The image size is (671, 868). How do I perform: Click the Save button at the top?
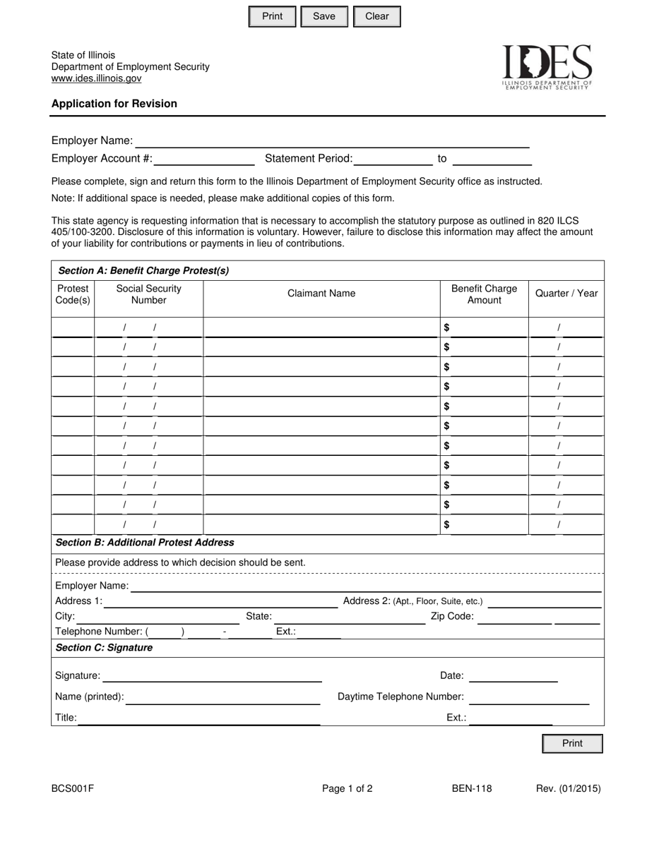[x=324, y=16]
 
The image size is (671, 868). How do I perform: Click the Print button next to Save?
[x=272, y=16]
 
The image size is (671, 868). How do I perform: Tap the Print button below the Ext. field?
[x=572, y=743]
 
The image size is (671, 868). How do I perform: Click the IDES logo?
[x=547, y=67]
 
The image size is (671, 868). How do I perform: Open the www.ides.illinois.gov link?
[x=96, y=78]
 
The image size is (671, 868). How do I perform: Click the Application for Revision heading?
[x=114, y=104]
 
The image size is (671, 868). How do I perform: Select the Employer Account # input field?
[x=203, y=158]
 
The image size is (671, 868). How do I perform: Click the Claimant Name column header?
[x=321, y=294]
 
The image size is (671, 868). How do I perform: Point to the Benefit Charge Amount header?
[x=484, y=294]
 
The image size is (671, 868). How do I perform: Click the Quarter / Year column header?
[x=566, y=294]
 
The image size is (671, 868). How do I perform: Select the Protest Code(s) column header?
[x=73, y=294]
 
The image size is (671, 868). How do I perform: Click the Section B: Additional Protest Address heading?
[x=145, y=543]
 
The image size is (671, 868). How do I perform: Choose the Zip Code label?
[x=452, y=616]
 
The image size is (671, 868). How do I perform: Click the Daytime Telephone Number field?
[x=528, y=697]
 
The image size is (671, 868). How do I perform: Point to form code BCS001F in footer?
[x=72, y=789]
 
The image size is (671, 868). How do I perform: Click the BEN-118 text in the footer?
[x=472, y=789]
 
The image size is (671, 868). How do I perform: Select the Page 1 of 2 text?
[x=347, y=789]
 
